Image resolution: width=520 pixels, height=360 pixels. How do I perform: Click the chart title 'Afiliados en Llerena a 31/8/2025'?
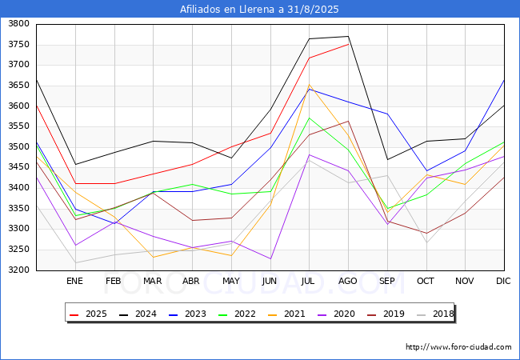coord(259,10)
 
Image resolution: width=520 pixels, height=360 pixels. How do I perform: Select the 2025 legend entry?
coord(88,314)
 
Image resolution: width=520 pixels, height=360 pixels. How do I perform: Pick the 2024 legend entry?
coord(138,314)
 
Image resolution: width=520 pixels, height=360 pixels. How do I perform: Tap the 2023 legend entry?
coord(187,314)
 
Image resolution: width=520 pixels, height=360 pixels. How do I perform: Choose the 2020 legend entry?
coord(336,314)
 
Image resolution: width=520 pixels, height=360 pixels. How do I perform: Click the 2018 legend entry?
coord(435,314)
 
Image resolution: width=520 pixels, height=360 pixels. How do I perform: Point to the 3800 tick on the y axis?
coord(19,24)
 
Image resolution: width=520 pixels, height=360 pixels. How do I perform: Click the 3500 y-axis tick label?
coord(19,146)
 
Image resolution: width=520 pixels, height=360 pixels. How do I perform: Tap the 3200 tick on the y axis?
coord(19,270)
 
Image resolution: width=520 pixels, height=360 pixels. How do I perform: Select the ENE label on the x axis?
coord(74,281)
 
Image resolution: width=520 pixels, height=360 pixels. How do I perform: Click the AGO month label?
coord(347,281)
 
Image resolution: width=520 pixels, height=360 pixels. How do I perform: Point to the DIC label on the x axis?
coord(503,281)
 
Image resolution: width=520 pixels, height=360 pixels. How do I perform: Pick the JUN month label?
coord(270,281)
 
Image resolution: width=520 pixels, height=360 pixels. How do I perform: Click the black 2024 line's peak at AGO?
coord(348,36)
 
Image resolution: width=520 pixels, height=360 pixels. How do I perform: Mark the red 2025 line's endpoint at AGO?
coord(348,44)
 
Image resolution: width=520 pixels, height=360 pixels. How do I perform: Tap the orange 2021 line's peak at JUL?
coord(309,85)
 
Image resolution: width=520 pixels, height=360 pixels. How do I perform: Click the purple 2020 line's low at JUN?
coord(270,258)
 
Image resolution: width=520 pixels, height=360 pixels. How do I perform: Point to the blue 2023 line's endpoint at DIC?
coord(504,80)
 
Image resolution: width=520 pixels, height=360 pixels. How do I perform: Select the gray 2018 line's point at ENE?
coord(76,262)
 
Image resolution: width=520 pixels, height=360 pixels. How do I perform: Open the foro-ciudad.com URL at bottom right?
coord(458,347)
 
